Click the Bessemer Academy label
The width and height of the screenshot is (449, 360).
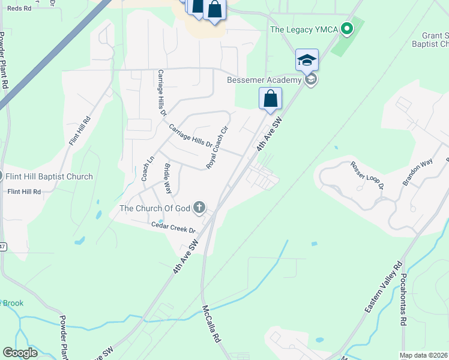[264, 80]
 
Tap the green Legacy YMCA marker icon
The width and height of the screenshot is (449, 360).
[346, 28]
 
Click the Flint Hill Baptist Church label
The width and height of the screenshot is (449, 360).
[49, 176]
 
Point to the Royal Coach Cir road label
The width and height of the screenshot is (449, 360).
[218, 147]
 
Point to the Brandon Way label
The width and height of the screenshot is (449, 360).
[418, 173]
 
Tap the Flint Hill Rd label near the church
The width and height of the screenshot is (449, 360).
[24, 192]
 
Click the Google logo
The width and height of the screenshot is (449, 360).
[20, 353]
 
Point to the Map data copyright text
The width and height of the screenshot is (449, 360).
[423, 355]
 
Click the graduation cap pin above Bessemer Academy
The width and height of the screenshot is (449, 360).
[307, 60]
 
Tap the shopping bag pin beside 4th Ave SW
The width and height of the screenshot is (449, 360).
[270, 97]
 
